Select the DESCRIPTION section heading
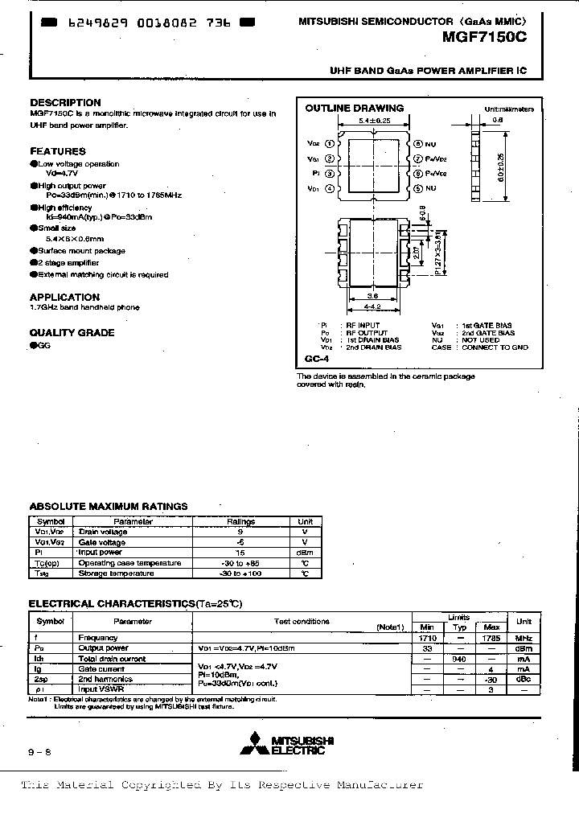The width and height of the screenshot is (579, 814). coord(65,102)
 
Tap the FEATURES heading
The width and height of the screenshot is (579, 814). coord(58,151)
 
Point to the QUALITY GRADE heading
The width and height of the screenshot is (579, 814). coord(72,332)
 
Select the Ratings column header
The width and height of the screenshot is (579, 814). coord(240,520)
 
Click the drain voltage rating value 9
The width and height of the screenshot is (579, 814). coord(240,531)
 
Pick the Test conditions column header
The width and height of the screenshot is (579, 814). coord(302,621)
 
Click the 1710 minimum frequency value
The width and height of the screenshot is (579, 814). coord(427,637)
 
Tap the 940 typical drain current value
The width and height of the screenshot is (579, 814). coord(459,658)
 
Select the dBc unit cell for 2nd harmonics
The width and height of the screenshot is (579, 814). coord(524,679)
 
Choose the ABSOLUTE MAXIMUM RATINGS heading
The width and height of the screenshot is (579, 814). coord(109,506)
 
